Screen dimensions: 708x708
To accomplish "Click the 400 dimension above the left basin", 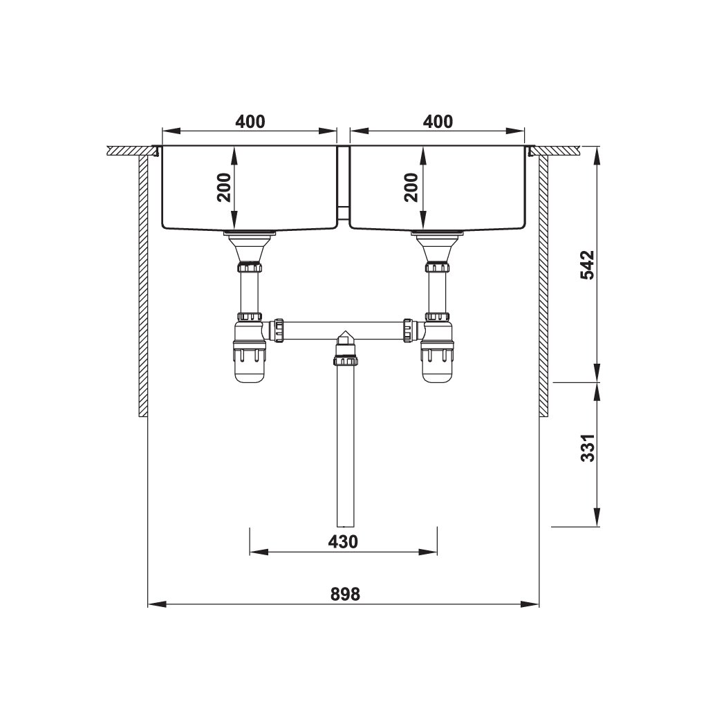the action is (x=250, y=122).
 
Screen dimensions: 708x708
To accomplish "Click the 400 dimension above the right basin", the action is (x=438, y=122).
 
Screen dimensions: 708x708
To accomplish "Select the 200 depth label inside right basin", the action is (x=411, y=186).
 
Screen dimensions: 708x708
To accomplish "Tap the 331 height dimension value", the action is (x=587, y=449).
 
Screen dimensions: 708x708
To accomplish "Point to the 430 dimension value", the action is (x=343, y=541).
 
